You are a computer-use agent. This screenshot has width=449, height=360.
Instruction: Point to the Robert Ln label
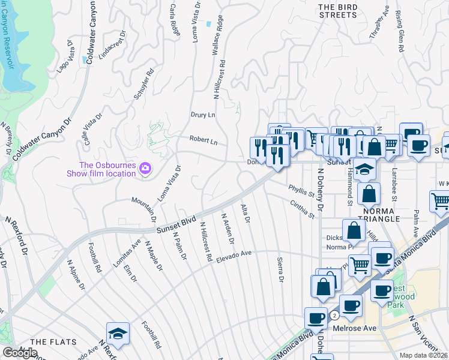pos(203,140)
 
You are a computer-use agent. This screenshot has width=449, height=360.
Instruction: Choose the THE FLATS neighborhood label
pos(53,342)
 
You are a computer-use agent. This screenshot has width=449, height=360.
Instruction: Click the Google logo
pos(20,353)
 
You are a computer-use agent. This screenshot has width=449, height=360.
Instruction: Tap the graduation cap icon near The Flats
pos(118,335)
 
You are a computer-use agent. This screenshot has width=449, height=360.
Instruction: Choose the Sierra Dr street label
pos(280,269)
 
